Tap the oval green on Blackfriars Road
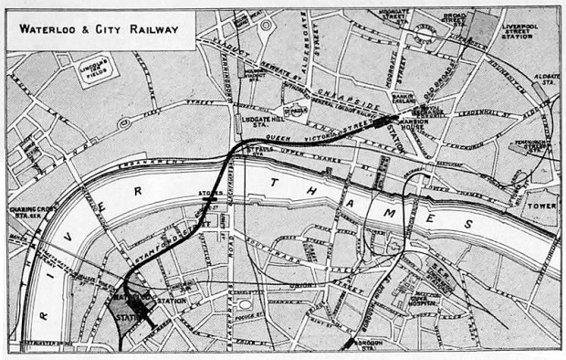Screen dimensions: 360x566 (x=245, y=304)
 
